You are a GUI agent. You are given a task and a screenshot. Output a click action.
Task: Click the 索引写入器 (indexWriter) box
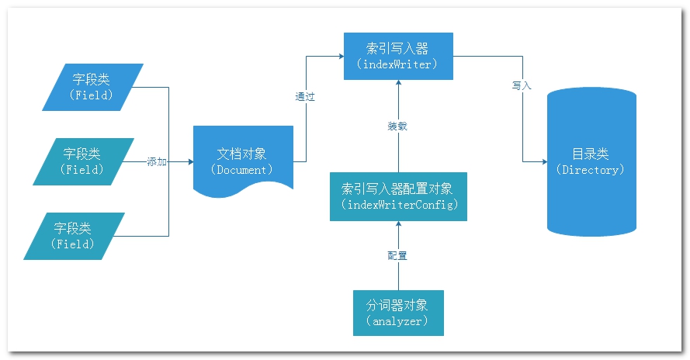point(398,56)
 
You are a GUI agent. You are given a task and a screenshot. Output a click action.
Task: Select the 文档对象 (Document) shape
point(243,159)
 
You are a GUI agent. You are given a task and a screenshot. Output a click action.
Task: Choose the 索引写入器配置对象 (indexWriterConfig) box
point(398,196)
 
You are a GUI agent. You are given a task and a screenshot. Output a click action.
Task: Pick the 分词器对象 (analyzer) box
point(398,312)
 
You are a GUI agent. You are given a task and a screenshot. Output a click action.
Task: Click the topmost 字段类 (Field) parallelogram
point(94,87)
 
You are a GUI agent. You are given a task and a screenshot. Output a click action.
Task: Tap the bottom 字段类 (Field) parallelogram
point(74,236)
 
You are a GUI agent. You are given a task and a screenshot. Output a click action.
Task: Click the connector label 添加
point(157,162)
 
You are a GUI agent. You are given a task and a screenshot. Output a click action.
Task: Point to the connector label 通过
point(305,98)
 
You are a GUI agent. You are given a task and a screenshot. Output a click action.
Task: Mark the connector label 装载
point(397,126)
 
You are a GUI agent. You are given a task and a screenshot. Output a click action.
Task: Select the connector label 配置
point(397,255)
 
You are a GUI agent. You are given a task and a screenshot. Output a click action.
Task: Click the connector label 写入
point(522,85)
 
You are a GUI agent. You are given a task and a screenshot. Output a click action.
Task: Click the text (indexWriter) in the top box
point(398,64)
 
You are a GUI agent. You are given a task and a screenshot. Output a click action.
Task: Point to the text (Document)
point(242,169)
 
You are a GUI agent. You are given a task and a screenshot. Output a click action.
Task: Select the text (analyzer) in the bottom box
point(398,320)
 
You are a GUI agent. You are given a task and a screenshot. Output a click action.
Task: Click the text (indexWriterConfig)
point(398,205)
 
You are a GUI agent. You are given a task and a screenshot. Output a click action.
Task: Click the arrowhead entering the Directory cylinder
point(543,162)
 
